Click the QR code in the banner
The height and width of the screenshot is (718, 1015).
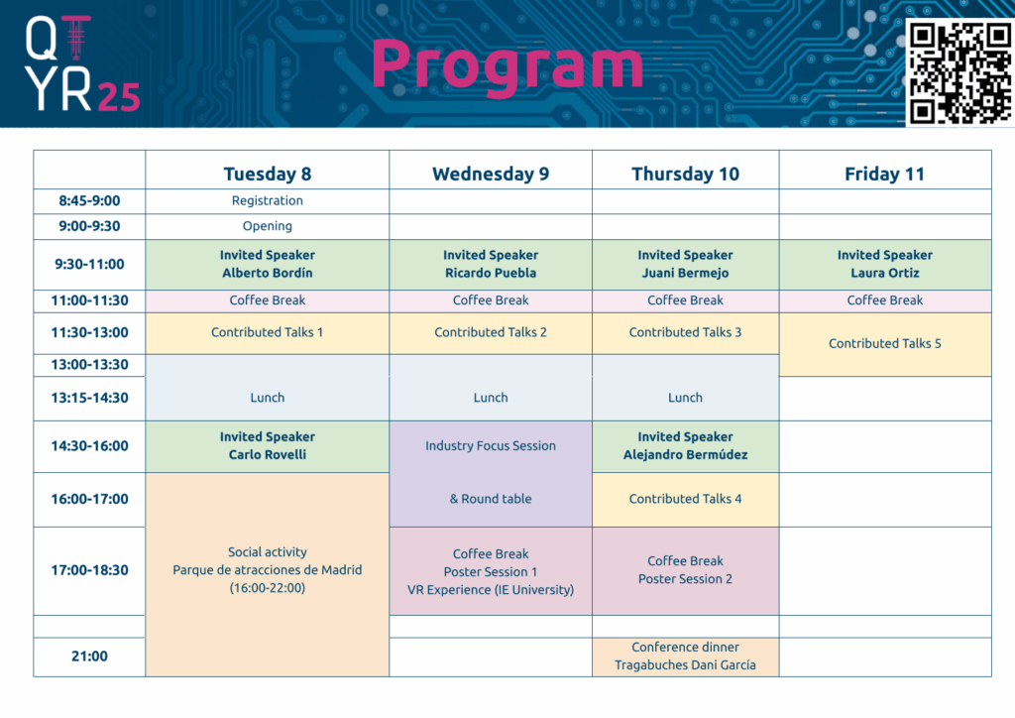pyautogui.click(x=959, y=72)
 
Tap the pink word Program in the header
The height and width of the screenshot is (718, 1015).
pyautogui.click(x=507, y=66)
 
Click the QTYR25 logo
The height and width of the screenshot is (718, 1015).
pyautogui.click(x=82, y=63)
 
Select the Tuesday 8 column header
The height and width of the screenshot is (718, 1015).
pyautogui.click(x=268, y=174)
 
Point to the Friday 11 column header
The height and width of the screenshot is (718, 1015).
pyautogui.click(x=884, y=174)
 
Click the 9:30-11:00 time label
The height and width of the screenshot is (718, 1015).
pyautogui.click(x=89, y=264)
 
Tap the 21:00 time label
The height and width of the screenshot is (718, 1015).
pyautogui.click(x=89, y=656)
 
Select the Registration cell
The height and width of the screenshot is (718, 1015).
pyautogui.click(x=268, y=200)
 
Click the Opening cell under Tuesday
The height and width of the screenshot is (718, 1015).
pyautogui.click(x=268, y=226)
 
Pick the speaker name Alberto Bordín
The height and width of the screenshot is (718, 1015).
pyautogui.click(x=268, y=273)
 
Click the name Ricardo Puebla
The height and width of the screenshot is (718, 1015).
pyautogui.click(x=491, y=273)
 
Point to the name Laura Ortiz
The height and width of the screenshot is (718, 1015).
pyautogui.click(x=885, y=273)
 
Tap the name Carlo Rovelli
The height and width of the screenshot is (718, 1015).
pyautogui.click(x=268, y=454)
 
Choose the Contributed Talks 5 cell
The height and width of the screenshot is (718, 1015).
pyautogui.click(x=885, y=344)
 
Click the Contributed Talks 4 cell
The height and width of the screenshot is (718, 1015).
pyautogui.click(x=686, y=499)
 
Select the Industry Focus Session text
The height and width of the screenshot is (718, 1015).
pyautogui.click(x=491, y=445)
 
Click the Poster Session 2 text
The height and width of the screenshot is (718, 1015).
pyautogui.click(x=686, y=579)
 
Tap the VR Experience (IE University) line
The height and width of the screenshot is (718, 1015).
pyautogui.click(x=491, y=590)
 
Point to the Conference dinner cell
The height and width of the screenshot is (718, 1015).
pyautogui.click(x=686, y=657)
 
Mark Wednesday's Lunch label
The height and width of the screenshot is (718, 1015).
pyautogui.click(x=491, y=398)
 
